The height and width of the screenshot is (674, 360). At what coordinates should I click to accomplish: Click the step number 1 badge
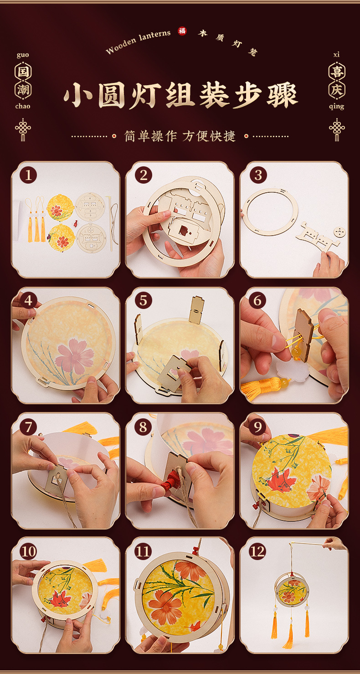coord(28,175)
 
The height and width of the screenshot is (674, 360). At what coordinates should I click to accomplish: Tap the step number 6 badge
coord(257,300)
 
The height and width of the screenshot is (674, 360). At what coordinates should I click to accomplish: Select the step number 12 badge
coord(257,551)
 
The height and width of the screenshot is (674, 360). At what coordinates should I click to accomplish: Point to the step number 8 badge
coord(143,427)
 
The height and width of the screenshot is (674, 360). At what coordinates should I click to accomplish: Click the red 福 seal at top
coord(182,31)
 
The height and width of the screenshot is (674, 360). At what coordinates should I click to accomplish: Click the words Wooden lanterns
coord(138,41)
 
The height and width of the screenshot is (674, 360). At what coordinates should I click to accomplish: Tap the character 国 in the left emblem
coord(23,72)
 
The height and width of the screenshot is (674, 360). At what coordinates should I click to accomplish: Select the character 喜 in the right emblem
coord(337,72)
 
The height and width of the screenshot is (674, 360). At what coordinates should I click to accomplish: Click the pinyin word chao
coord(23,106)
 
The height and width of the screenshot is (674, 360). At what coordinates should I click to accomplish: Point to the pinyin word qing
coord(336,107)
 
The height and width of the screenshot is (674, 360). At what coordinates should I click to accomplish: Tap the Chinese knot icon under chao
coord(23,130)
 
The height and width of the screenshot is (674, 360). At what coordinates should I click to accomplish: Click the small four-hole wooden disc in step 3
coord(340,232)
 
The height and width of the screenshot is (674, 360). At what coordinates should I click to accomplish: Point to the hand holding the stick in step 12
coord(334,544)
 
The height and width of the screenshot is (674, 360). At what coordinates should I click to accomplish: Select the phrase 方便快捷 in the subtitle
coord(209,136)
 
